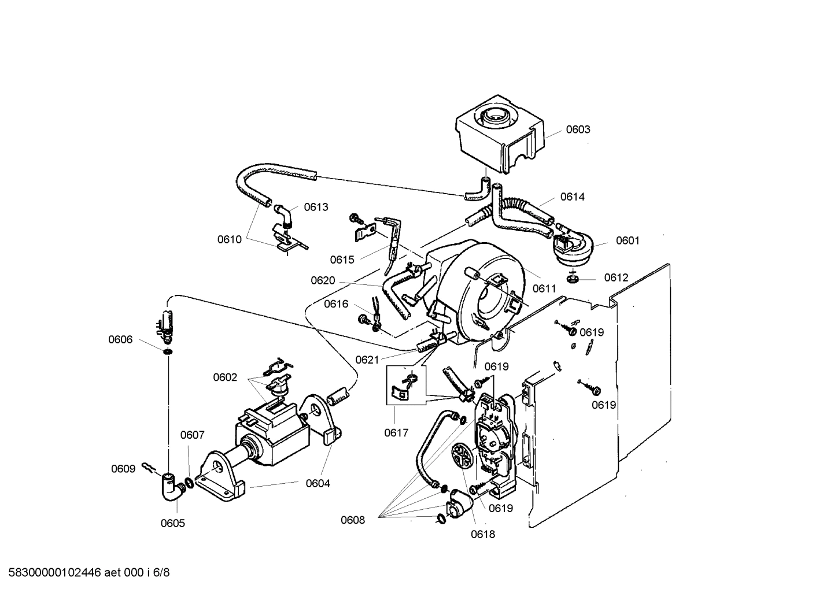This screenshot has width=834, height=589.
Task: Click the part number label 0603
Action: point(577,129)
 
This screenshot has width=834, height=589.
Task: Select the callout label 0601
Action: point(627,240)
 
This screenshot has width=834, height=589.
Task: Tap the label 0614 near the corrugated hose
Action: point(572,197)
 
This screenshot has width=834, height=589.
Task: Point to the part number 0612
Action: point(615,277)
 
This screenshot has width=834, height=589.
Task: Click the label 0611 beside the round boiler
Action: point(544,288)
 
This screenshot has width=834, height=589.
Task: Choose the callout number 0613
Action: point(316,208)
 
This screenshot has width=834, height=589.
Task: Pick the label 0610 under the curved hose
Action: point(229,239)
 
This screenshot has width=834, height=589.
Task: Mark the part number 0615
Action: point(342,260)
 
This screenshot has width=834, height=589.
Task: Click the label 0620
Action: point(323,281)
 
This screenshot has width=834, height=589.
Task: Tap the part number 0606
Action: point(120,340)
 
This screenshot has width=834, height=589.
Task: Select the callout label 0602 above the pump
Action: point(225,377)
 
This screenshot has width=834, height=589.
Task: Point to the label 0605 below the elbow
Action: point(172,524)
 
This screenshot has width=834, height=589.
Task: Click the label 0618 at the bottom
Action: point(482,535)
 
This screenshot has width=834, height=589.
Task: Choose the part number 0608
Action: point(352,520)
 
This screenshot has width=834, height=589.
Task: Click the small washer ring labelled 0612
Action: point(572,280)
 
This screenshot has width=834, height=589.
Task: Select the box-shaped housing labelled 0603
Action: point(499,134)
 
